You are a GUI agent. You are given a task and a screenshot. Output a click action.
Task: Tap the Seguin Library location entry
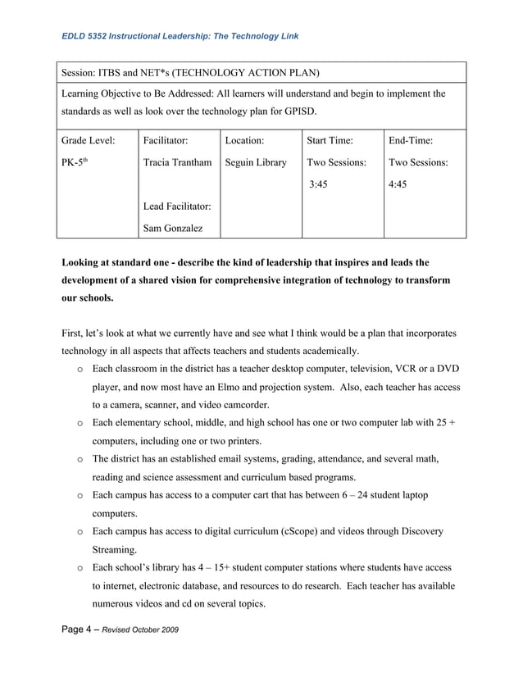click(x=256, y=162)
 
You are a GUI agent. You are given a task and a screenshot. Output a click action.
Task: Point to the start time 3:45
click(x=319, y=184)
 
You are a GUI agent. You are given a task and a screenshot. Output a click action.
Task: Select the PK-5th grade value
click(x=75, y=162)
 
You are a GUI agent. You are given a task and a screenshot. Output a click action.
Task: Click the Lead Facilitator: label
click(x=177, y=207)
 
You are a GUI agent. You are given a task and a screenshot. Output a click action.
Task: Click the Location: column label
click(x=244, y=140)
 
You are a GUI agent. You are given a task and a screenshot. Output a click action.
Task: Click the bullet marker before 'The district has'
click(x=80, y=459)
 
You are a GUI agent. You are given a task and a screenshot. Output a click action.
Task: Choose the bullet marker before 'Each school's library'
click(x=80, y=567)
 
